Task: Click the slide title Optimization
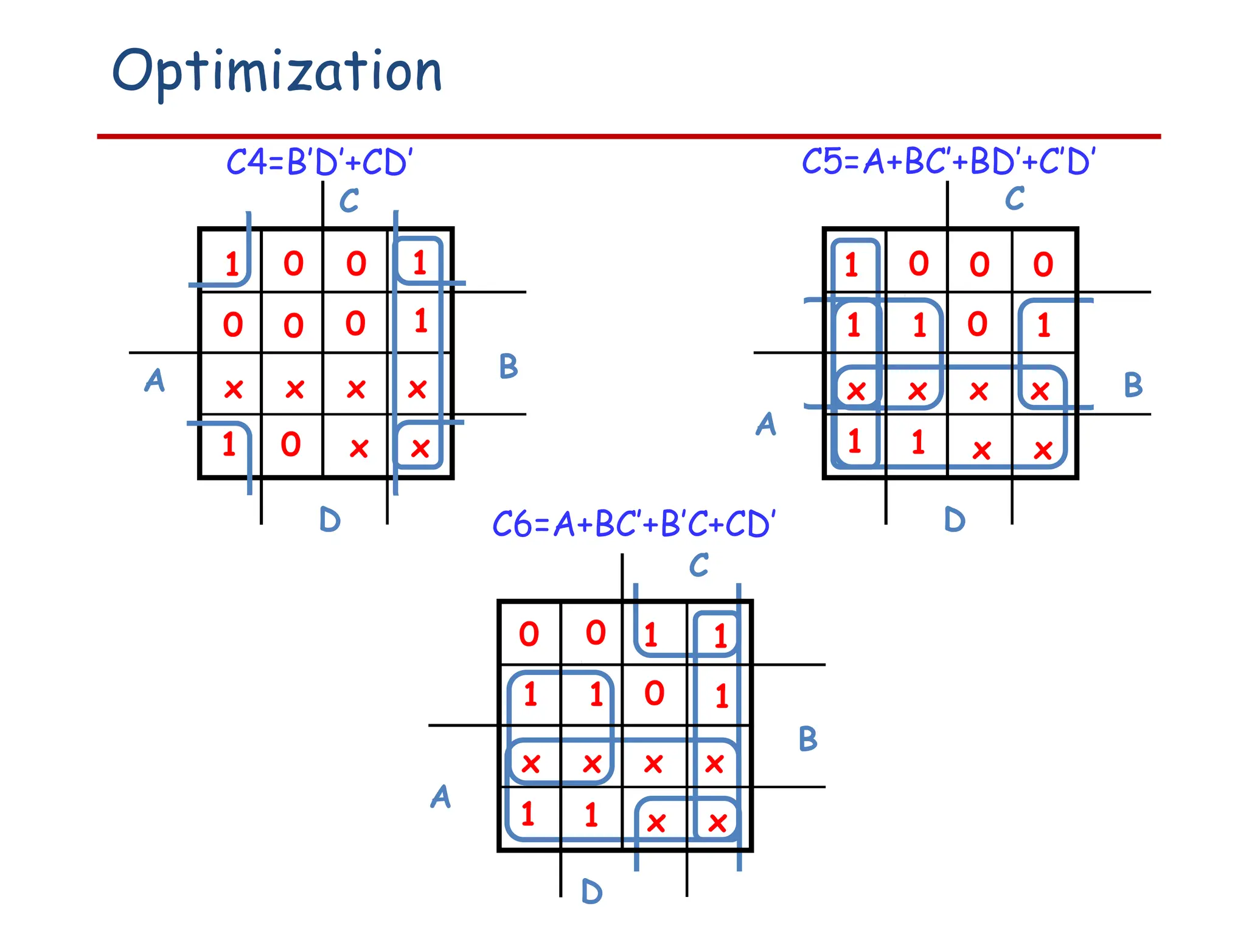(x=277, y=72)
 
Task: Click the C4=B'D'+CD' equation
(x=319, y=162)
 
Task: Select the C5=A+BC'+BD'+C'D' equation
(x=948, y=162)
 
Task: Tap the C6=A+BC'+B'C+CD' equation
(x=633, y=524)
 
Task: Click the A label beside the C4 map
(x=155, y=381)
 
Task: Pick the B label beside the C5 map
(x=1133, y=385)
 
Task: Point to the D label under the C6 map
(x=591, y=892)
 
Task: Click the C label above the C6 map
(x=699, y=565)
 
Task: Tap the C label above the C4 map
(x=349, y=201)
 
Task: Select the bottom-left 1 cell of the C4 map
(x=229, y=444)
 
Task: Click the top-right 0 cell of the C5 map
(x=1043, y=265)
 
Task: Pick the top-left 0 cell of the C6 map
(x=529, y=635)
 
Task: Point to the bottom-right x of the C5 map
(x=1043, y=451)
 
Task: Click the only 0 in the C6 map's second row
(x=655, y=694)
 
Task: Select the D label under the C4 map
(x=330, y=521)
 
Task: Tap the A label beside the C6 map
(x=441, y=797)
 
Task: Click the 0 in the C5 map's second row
(x=978, y=325)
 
